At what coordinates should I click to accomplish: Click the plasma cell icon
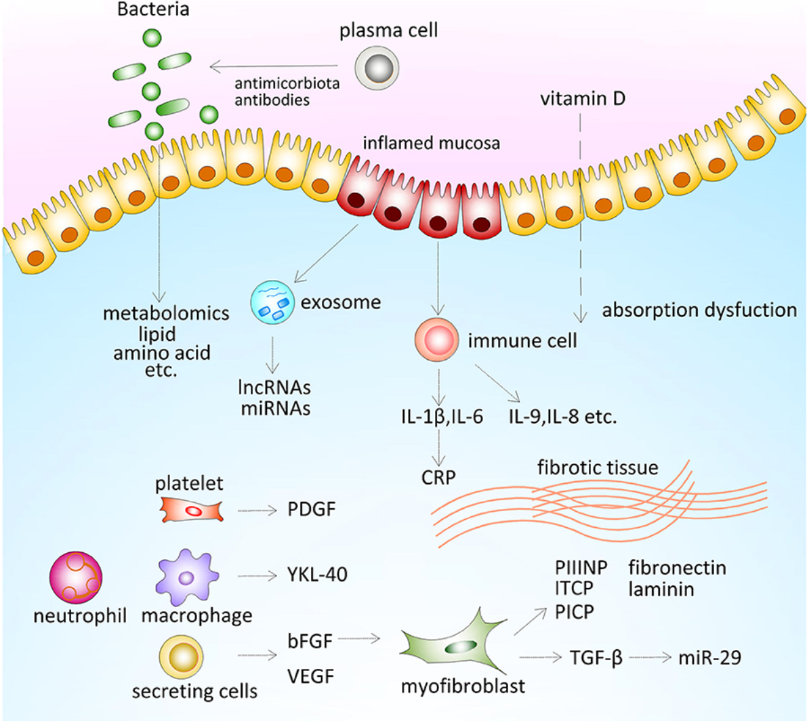click(x=377, y=68)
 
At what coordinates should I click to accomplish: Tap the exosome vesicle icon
click(x=272, y=302)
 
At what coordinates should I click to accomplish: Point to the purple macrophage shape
click(x=186, y=577)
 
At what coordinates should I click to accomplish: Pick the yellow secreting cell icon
click(x=182, y=656)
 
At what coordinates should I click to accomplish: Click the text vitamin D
click(x=582, y=99)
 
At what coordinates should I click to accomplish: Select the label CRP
click(x=438, y=477)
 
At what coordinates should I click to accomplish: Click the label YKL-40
click(x=317, y=575)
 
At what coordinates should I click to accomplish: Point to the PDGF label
click(x=312, y=509)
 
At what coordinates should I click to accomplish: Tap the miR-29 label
click(x=709, y=657)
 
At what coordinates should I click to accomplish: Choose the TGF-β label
click(x=596, y=657)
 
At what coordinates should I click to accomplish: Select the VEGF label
click(x=311, y=676)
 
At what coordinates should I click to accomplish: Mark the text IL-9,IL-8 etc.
click(x=563, y=416)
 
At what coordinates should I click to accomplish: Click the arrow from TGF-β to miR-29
click(x=650, y=657)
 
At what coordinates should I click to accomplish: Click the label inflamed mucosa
click(x=431, y=143)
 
